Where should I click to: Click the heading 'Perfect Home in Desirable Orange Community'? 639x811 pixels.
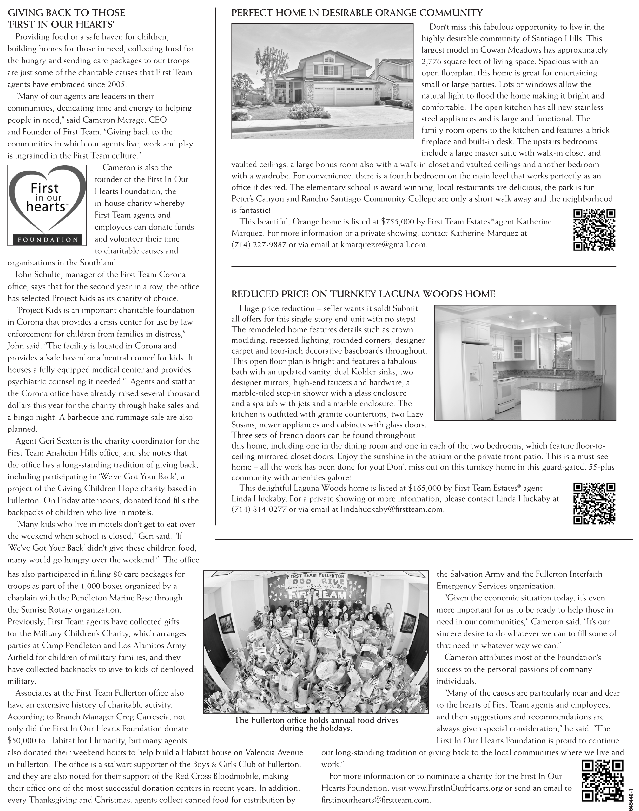point(357,13)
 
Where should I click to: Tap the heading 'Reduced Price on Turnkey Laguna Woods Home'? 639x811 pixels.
point(363,294)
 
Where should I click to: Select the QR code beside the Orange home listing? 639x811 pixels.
point(594,230)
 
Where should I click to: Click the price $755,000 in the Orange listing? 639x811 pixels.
point(397,222)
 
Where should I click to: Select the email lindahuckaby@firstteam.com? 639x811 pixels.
point(392,509)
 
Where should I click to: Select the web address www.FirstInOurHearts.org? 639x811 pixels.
point(455,788)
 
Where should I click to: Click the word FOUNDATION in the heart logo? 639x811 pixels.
point(47,240)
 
